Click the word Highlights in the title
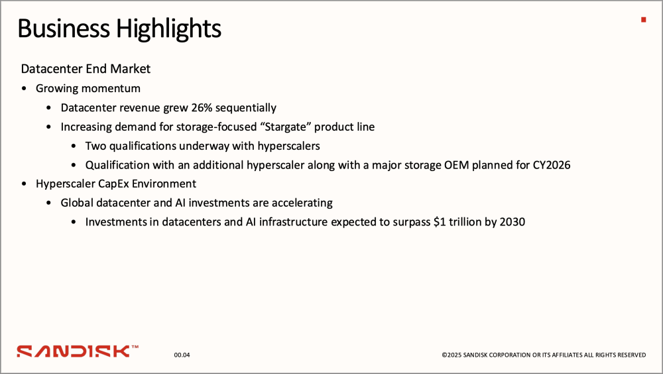tap(168, 29)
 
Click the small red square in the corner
tap(644, 19)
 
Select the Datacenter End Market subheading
tap(86, 68)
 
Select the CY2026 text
tap(552, 165)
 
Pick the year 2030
tap(512, 221)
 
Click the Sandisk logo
tap(78, 351)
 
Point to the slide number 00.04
tap(182, 355)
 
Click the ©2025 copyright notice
tap(544, 355)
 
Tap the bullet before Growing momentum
tap(24, 89)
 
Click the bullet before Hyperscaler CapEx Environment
tap(24, 184)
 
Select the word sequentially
tap(246, 108)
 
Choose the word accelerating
tap(302, 203)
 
